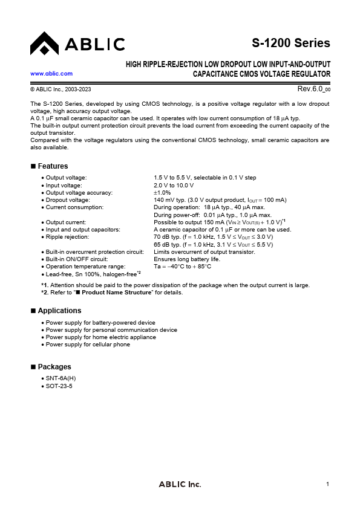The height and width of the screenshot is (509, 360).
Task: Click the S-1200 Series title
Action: click(x=291, y=43)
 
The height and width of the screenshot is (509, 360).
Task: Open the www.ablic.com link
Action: click(x=51, y=73)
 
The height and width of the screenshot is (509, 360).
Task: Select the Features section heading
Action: click(x=53, y=166)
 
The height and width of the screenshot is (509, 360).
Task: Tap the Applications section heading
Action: click(x=59, y=311)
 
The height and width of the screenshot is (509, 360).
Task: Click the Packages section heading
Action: click(x=54, y=367)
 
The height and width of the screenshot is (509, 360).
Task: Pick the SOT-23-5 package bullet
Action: click(x=59, y=386)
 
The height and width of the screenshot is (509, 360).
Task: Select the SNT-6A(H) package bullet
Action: click(x=61, y=378)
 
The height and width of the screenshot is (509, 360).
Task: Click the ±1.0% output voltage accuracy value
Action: click(x=162, y=192)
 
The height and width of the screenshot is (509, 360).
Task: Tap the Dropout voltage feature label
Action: click(x=68, y=199)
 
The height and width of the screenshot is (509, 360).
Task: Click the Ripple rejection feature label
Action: click(x=67, y=237)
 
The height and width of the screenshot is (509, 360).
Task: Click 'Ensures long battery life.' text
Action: click(x=187, y=259)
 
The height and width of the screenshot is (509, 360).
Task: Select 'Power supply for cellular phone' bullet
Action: click(x=88, y=345)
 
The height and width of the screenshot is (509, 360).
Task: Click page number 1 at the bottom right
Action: click(x=327, y=484)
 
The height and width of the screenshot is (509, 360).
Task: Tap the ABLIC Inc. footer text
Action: click(x=180, y=484)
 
